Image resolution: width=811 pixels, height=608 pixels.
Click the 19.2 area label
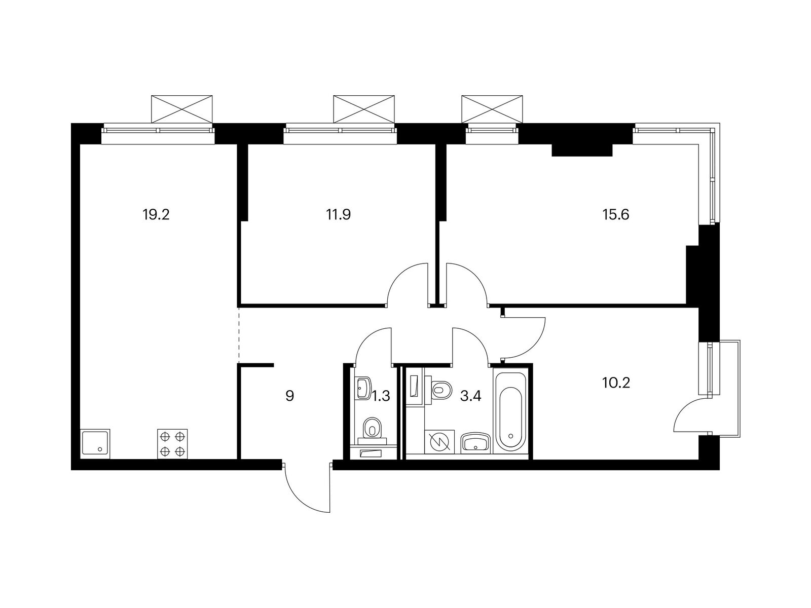[x=156, y=214]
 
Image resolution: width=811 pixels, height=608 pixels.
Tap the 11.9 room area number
[x=338, y=214]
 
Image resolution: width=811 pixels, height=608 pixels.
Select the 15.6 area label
[x=615, y=214]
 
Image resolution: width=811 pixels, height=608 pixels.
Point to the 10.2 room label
[x=616, y=383]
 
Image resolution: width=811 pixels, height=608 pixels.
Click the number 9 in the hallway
[x=290, y=396]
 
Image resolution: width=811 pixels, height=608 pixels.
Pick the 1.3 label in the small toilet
[x=381, y=396]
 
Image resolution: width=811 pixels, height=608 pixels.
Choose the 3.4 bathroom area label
[x=470, y=396]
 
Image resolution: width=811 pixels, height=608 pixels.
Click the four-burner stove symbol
[x=172, y=444]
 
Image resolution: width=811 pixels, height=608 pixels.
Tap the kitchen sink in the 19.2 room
[x=95, y=444]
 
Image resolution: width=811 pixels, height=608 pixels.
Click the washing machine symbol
[x=439, y=442]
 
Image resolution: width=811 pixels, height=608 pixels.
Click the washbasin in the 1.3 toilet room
[x=363, y=388]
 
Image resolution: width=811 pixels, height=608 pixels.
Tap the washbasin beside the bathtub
[x=475, y=443]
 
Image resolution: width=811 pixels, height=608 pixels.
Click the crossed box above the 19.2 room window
[x=182, y=109]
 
